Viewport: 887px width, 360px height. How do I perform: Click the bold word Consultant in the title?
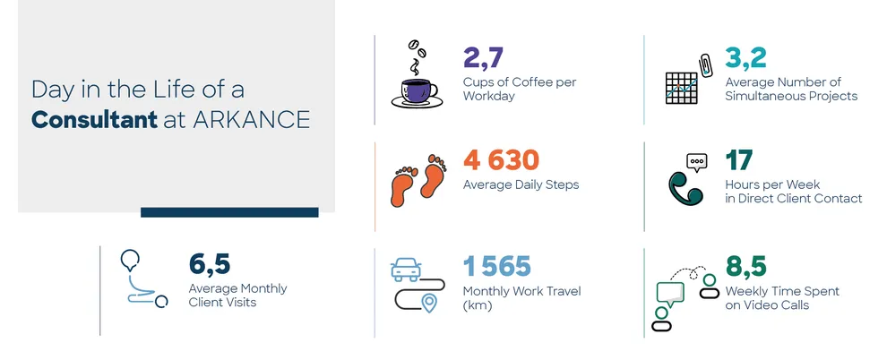click(94, 119)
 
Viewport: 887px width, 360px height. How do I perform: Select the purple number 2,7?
click(483, 57)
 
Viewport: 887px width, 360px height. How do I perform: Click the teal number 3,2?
click(746, 57)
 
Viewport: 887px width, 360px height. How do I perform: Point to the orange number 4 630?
click(501, 160)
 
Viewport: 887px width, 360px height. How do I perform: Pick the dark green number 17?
click(739, 160)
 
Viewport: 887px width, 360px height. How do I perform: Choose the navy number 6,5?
click(210, 264)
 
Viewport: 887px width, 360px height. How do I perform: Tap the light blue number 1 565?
click(497, 266)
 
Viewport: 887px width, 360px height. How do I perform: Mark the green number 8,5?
click(746, 267)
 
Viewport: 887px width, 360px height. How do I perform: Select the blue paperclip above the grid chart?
click(705, 64)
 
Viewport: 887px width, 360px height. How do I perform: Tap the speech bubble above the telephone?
click(697, 162)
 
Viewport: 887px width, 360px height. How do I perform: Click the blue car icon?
click(406, 270)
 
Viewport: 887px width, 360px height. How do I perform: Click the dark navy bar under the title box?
click(229, 212)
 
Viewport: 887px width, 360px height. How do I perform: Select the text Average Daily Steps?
click(521, 184)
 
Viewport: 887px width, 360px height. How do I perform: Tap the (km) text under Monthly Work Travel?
click(477, 305)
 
